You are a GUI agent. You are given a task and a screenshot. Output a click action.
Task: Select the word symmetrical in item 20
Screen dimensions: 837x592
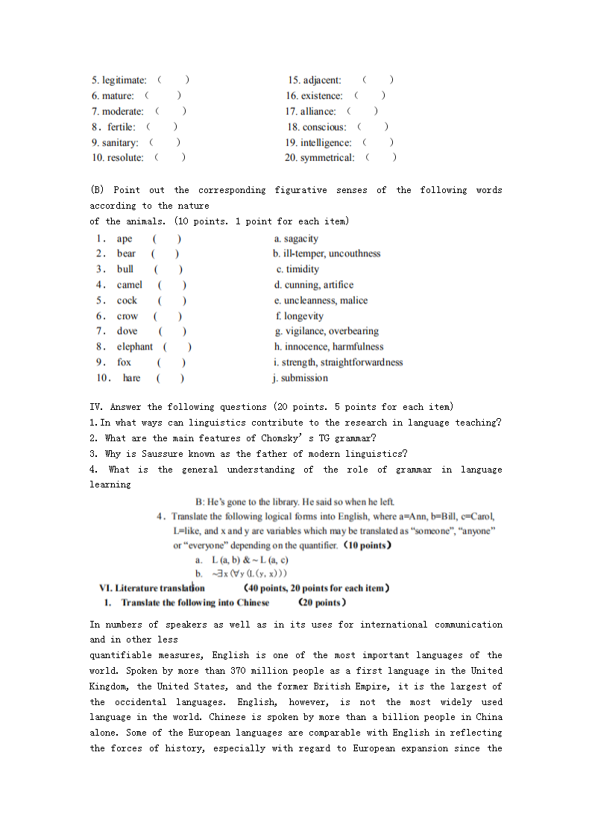pyautogui.click(x=327, y=157)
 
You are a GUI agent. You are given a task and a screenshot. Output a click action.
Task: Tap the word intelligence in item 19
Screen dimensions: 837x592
pyautogui.click(x=326, y=142)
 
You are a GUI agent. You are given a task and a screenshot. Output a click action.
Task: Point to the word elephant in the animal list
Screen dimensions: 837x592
pyautogui.click(x=134, y=347)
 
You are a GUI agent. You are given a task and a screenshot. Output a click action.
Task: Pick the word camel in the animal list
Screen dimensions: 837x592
pyautogui.click(x=129, y=285)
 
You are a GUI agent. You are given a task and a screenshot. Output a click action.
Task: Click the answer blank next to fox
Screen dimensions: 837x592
pyautogui.click(x=171, y=362)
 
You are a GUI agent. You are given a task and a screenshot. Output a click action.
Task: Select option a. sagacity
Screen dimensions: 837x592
pyautogui.click(x=296, y=239)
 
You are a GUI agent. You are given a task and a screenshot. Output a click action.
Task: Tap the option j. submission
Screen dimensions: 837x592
pyautogui.click(x=300, y=378)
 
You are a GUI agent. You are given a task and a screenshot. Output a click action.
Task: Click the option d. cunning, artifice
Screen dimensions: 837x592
pyautogui.click(x=313, y=285)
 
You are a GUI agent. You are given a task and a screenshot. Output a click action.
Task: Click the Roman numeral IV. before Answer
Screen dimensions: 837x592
pyautogui.click(x=96, y=407)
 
